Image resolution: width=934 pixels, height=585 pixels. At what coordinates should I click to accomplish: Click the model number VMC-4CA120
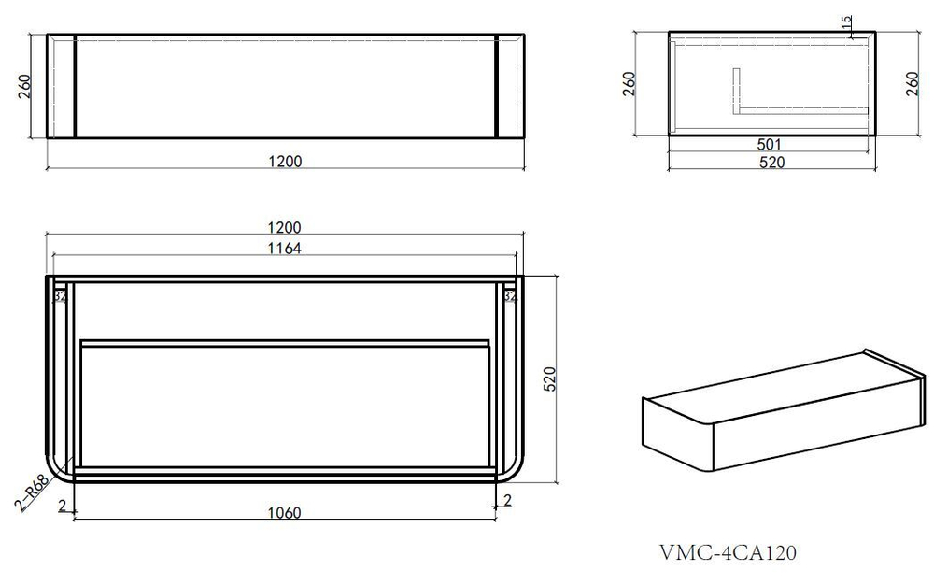pyautogui.click(x=728, y=553)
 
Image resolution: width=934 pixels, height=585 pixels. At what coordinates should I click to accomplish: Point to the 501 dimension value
pyautogui.click(x=770, y=145)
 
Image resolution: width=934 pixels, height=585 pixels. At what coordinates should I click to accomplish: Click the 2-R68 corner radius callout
pyautogui.click(x=33, y=492)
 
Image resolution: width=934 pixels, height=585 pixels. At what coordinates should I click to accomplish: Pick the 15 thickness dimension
pyautogui.click(x=846, y=23)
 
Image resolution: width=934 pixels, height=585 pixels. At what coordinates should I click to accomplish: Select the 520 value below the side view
pyautogui.click(x=771, y=162)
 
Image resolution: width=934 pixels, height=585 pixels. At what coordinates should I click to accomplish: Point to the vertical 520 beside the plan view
pyautogui.click(x=550, y=378)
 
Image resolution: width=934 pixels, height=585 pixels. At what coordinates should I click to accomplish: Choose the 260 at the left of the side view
pyautogui.click(x=629, y=85)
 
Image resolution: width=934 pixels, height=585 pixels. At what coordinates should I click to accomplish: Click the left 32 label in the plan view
pyautogui.click(x=61, y=297)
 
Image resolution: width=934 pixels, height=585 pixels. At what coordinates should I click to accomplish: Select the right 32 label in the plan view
pyautogui.click(x=510, y=297)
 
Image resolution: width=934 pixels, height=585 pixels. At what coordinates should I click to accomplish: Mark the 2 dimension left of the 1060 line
pyautogui.click(x=61, y=505)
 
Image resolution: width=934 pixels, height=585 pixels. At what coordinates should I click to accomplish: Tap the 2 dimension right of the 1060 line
pyautogui.click(x=507, y=501)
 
